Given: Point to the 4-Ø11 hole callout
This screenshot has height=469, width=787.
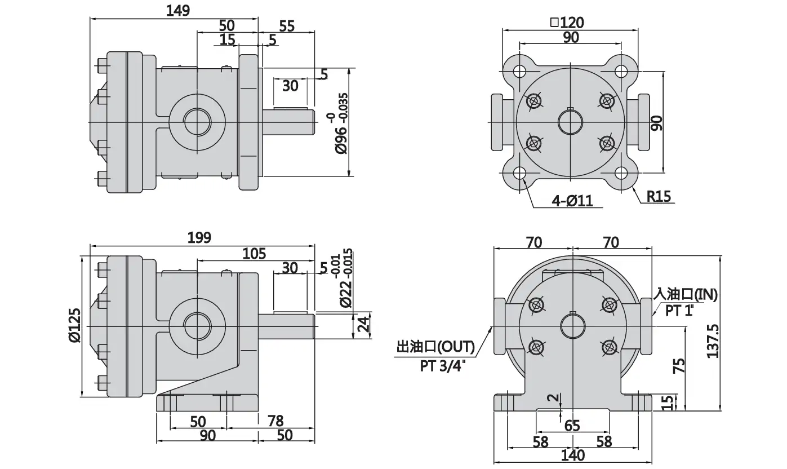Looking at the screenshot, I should (x=572, y=201).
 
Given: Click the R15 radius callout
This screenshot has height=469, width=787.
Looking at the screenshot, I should (x=659, y=197).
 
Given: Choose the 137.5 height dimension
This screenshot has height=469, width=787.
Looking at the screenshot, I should (x=713, y=341).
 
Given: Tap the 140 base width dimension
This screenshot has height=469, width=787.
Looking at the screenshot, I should (x=573, y=455).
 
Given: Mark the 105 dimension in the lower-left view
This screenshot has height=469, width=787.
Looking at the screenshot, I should (x=254, y=254).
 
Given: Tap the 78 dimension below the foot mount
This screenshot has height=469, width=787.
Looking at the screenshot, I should (x=275, y=421).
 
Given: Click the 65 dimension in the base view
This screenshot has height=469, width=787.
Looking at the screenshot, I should (x=572, y=426).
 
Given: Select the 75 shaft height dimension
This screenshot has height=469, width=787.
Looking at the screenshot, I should (x=679, y=366).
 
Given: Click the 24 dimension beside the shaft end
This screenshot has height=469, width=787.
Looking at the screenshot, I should (x=363, y=324).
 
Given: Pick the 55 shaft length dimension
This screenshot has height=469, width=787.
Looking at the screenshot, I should (x=287, y=26).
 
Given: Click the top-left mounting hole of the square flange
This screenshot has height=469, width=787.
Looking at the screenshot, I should (x=520, y=72).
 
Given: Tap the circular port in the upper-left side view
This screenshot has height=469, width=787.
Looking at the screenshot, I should (x=197, y=121).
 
